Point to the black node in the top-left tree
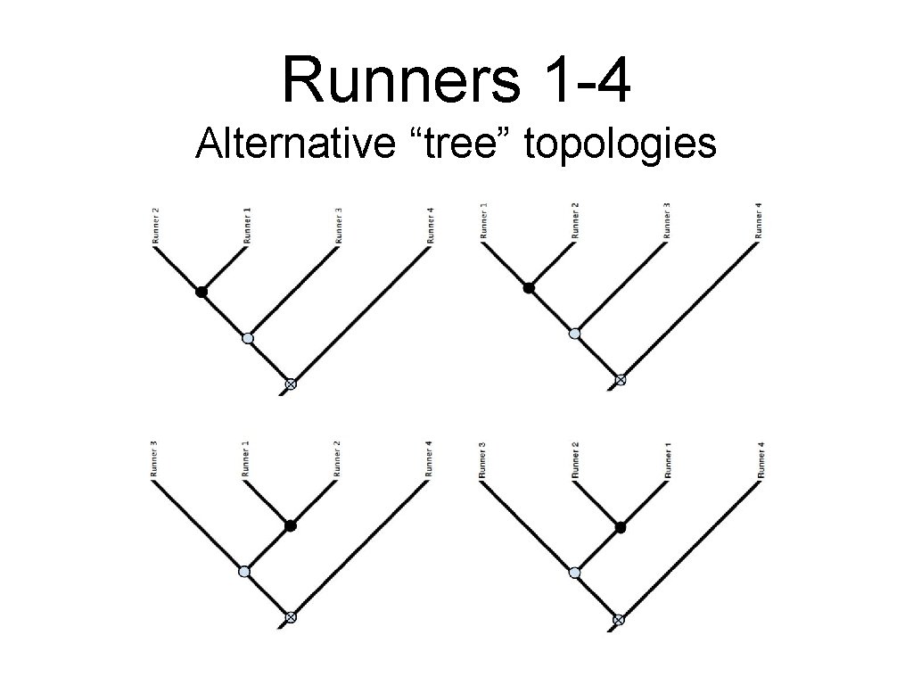point(202,292)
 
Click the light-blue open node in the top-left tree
point(247,338)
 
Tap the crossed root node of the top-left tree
point(290,384)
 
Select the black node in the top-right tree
point(529,287)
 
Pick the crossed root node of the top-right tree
point(621,380)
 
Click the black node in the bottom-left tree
point(290,525)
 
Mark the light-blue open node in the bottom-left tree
point(244,571)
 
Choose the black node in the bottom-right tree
point(621,527)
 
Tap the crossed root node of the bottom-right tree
point(619,619)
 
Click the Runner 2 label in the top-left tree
point(156,226)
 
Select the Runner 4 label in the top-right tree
point(759,221)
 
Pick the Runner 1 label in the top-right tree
point(484,221)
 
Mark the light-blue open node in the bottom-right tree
point(574,572)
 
